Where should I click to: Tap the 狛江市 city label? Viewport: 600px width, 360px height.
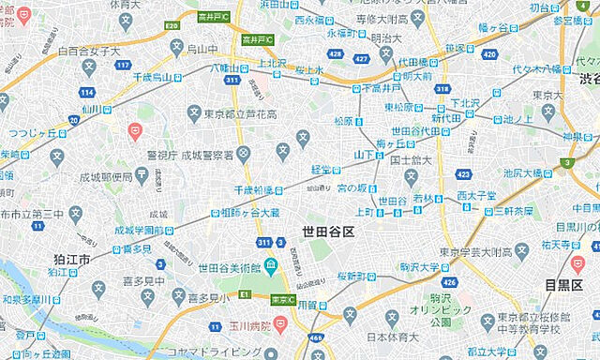[72, 258]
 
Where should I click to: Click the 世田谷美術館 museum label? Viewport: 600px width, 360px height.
[228, 268]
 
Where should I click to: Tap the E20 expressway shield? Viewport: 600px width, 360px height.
[172, 26]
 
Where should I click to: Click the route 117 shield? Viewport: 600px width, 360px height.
[124, 65]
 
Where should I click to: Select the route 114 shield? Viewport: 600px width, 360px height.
[86, 92]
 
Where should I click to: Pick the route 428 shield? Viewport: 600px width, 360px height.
[335, 55]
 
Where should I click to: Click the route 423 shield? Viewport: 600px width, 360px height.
[463, 173]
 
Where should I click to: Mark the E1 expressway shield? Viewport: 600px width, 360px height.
[244, 294]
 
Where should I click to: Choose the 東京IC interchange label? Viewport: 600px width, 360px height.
[282, 300]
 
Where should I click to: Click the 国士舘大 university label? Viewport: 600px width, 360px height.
[409, 160]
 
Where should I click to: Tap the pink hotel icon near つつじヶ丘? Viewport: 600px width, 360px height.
[135, 130]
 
